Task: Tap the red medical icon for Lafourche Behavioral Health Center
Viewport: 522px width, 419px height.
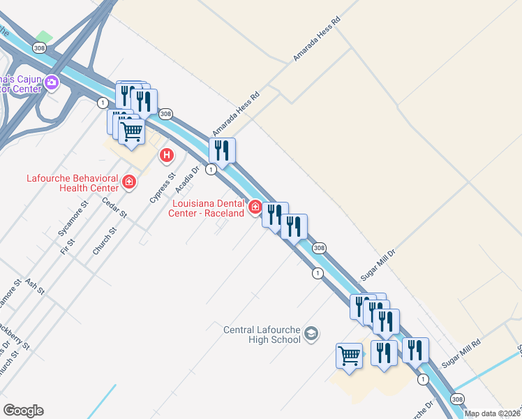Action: [128, 183]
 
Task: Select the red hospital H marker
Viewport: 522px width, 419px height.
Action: [166, 155]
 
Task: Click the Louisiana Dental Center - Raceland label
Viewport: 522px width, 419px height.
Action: [207, 208]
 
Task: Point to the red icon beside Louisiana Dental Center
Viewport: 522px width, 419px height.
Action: [255, 207]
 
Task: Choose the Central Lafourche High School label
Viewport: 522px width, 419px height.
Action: [262, 335]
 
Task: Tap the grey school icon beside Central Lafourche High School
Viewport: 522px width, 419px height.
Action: [311, 335]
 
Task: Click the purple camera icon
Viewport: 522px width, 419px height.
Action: [51, 84]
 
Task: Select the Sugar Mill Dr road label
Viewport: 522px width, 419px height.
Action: [378, 263]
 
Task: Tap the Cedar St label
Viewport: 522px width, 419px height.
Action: [113, 207]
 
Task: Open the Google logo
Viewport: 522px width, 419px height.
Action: [23, 411]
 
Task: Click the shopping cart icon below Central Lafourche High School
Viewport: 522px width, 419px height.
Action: [349, 355]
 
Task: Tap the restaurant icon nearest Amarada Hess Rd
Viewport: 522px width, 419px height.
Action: [222, 149]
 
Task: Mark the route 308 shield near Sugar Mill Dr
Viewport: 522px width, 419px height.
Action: [319, 247]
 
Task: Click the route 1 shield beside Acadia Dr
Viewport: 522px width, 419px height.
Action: [211, 170]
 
